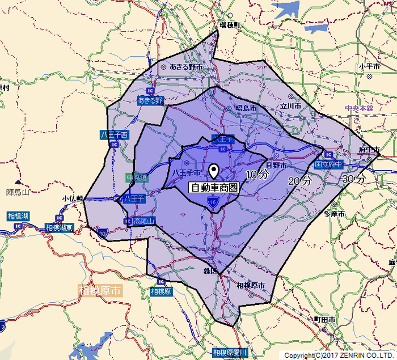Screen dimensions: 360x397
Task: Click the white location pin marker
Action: tap(214, 171)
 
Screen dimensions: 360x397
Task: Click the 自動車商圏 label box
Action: tap(213, 188)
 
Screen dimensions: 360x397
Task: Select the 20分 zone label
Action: tap(299, 181)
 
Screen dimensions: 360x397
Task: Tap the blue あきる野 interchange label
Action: tap(150, 100)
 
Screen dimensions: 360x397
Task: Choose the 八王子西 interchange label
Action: tap(115, 135)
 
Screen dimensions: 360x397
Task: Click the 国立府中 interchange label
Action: tap(329, 164)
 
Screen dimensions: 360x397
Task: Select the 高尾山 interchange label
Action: tap(144, 221)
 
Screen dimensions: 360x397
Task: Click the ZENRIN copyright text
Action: tap(339, 355)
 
